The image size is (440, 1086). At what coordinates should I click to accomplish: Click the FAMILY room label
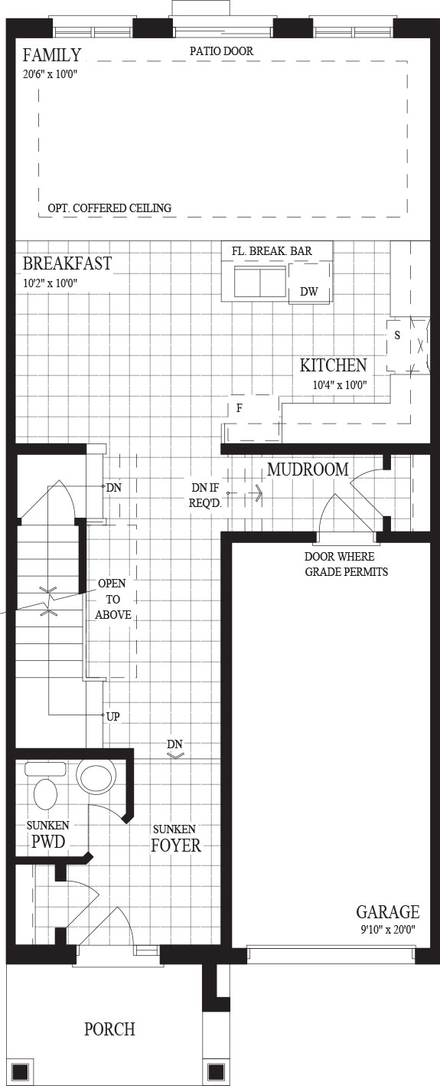(x=52, y=55)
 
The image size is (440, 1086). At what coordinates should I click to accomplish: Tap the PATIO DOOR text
(x=221, y=51)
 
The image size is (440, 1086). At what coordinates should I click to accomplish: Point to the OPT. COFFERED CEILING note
(x=109, y=208)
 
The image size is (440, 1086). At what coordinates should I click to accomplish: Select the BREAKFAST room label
(x=67, y=263)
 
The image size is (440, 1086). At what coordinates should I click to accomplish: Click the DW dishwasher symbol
(x=309, y=291)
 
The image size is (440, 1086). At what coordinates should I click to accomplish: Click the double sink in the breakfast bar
(x=259, y=281)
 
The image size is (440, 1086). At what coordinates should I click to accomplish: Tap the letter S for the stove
(x=397, y=335)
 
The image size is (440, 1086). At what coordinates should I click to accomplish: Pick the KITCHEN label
(x=333, y=365)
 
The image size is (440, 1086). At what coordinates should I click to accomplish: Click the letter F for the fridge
(x=240, y=408)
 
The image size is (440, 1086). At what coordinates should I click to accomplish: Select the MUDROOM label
(x=308, y=469)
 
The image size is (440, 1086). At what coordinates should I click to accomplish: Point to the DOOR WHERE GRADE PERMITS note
(x=346, y=564)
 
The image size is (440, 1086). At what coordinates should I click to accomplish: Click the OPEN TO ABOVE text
(x=113, y=599)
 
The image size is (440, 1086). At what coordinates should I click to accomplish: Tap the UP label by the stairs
(x=113, y=716)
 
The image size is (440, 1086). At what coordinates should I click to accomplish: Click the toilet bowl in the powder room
(x=45, y=794)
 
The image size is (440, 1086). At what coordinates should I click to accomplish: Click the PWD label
(x=48, y=841)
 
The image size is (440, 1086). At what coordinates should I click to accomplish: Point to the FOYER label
(x=176, y=845)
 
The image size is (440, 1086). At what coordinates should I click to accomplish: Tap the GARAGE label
(x=388, y=912)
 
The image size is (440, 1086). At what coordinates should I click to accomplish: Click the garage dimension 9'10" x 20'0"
(x=388, y=930)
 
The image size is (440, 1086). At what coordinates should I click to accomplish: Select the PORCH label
(x=109, y=1029)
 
